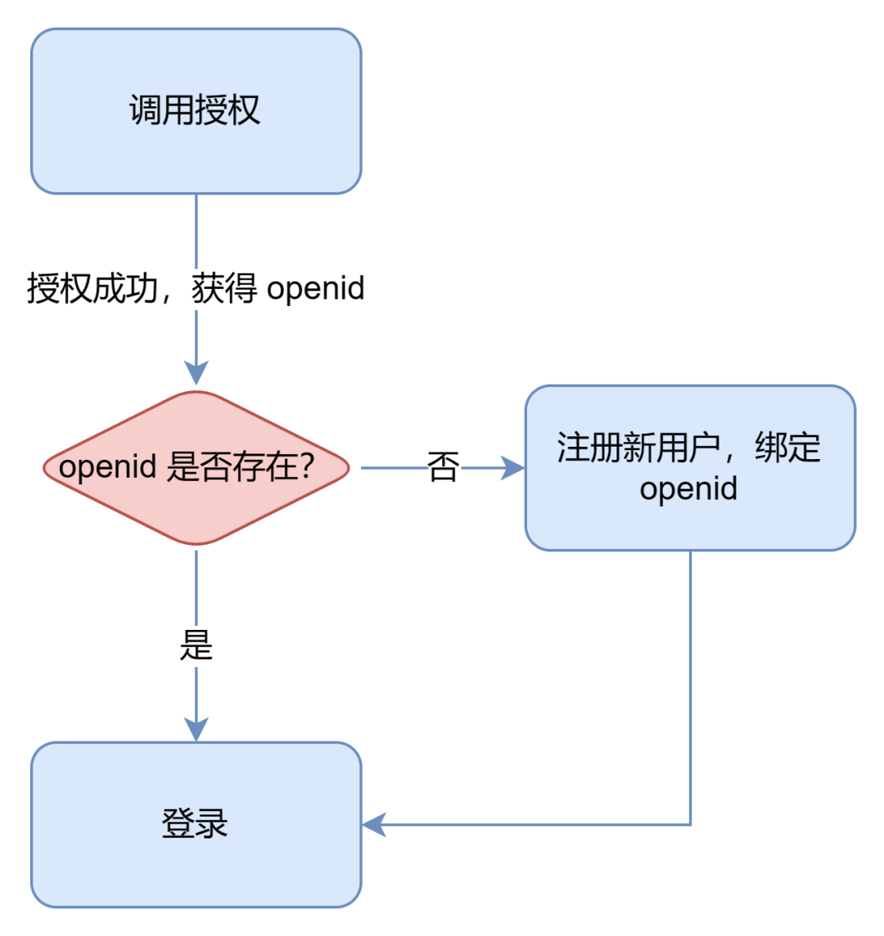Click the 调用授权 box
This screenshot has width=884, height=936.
196,111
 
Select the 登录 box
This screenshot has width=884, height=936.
196,824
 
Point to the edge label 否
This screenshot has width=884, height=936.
443,468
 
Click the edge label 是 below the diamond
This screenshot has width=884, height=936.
196,646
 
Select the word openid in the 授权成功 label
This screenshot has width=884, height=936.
316,289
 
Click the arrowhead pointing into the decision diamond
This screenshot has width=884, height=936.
196,373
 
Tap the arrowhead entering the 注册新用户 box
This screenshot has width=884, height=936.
513,468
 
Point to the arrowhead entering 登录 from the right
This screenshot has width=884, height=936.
374,825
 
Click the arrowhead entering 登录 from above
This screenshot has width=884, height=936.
196,730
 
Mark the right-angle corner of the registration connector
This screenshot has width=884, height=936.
690,825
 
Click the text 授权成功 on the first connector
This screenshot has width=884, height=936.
92,289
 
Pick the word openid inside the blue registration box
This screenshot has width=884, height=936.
688,488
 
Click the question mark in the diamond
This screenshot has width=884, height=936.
305,467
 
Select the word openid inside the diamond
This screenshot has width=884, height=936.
107,467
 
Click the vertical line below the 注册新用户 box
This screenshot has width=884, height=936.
690,687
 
